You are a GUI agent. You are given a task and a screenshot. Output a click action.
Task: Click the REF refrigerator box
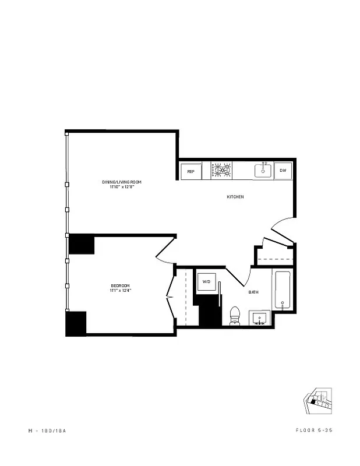tap(190, 171)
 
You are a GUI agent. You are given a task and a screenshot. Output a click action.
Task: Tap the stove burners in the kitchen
tap(222, 171)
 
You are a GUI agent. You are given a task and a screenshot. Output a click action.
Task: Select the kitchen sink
tap(263, 170)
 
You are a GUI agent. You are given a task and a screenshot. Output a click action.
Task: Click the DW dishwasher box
tap(283, 170)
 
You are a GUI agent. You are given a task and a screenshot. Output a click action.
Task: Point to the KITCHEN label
tap(235, 197)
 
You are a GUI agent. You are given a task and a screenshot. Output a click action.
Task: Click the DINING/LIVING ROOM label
tap(121, 182)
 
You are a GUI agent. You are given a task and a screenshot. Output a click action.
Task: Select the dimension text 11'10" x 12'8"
tap(121, 187)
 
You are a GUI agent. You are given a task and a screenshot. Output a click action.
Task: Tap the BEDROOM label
tap(121, 285)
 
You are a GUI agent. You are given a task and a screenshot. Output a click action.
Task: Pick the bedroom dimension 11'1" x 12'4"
tap(121, 291)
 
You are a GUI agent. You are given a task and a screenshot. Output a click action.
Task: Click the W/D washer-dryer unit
tap(206, 282)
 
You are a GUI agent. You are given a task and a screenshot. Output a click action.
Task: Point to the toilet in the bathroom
tap(235, 315)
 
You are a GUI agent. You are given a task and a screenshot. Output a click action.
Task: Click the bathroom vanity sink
tap(259, 318)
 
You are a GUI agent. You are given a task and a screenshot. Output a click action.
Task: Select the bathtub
tap(283, 290)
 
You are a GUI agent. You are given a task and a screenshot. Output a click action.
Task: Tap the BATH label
tap(253, 292)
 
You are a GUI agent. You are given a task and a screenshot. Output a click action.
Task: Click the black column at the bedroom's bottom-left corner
tap(76, 323)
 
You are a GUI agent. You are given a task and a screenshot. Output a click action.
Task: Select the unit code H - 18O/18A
tap(50, 430)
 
